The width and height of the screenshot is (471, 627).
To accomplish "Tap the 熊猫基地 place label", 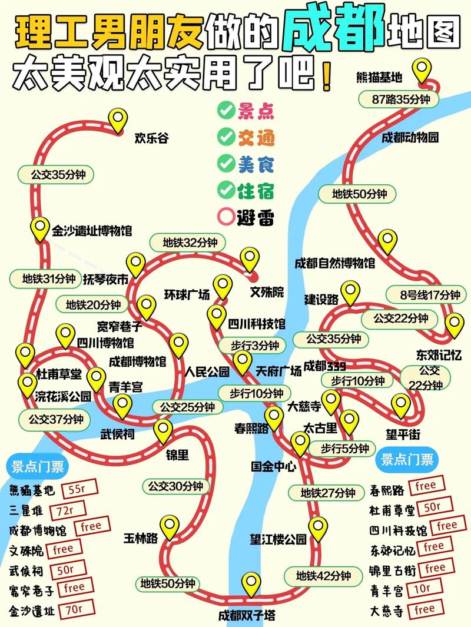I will coord(380,77).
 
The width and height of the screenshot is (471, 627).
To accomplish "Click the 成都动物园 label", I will coord(410,138).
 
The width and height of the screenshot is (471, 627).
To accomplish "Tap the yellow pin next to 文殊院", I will coord(250,259).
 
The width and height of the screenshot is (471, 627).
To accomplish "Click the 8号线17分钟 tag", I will coord(422,294).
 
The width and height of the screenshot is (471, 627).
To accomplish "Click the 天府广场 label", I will coord(278,371).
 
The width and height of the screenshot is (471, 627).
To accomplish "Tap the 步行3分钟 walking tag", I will coord(249,345).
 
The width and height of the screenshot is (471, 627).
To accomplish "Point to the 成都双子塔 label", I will coord(246,616).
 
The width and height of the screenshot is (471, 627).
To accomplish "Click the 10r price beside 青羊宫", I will coord(423,588).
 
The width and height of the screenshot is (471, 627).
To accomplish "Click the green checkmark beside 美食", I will coord(225,163).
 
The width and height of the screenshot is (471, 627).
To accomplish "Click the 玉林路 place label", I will coord(140,538).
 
